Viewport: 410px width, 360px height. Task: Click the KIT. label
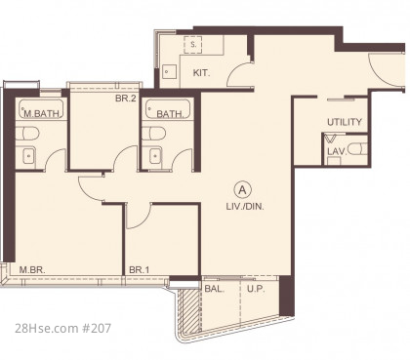coord(201,73)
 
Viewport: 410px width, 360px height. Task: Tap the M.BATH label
coord(42,113)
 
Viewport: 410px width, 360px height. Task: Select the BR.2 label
coord(126,98)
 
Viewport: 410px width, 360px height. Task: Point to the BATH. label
coord(170,114)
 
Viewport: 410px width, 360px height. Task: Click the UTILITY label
coord(345,122)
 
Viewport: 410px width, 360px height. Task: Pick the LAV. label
coord(337,151)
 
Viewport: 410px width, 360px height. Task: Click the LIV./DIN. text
coord(245,206)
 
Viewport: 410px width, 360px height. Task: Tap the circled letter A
coord(242,190)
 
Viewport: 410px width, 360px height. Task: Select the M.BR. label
coord(32,269)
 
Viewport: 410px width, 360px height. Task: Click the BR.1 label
coord(139,269)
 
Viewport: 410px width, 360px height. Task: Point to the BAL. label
coord(215,289)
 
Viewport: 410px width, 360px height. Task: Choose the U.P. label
coord(256,289)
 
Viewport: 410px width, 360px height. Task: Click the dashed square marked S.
coord(193,45)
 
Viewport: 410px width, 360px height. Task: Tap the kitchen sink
coord(169,72)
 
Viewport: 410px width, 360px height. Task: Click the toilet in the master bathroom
coord(27,133)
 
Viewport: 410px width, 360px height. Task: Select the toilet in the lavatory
coord(357,149)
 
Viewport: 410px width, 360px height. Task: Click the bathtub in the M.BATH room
coord(41,109)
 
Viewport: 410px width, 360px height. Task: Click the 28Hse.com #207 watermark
coord(62,328)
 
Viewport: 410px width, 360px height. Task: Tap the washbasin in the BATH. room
coord(155,156)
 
